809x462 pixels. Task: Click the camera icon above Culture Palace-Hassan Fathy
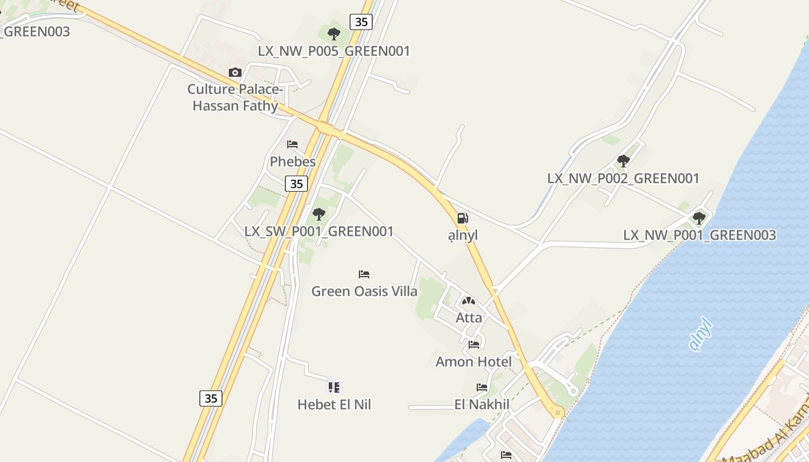235,73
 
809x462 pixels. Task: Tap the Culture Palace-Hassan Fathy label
235,98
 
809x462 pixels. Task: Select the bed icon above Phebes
292,144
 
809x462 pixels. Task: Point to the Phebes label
293,162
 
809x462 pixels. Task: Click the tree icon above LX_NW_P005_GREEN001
333,34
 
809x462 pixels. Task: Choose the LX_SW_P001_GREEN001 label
319,232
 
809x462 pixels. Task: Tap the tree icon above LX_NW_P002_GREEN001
623,161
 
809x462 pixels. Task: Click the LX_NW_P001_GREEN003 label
699,236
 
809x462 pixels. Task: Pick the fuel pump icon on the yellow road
462,218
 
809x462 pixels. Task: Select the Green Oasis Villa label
364,292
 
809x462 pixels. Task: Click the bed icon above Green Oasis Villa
364,274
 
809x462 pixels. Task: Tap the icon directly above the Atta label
469,301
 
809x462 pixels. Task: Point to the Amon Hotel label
474,362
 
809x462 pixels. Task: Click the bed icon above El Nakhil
482,388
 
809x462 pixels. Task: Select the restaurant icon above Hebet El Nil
333,387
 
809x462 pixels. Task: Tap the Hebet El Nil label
334,405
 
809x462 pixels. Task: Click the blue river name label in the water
700,334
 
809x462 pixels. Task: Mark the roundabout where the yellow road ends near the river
558,412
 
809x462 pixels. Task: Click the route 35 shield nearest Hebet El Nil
211,398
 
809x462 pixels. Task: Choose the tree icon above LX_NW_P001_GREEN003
699,218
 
